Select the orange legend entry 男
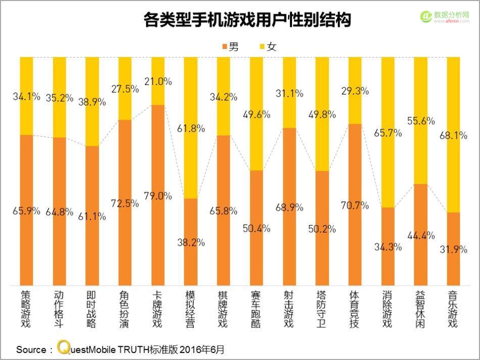(230, 47)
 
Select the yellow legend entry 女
(267, 47)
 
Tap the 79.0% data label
(158, 196)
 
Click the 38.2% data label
(191, 242)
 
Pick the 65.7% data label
(388, 133)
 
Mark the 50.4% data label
(257, 229)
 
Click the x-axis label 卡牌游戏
(158, 309)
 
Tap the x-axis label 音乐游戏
(454, 309)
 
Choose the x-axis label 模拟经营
(191, 309)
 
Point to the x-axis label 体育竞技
(355, 309)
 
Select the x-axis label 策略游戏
(26, 309)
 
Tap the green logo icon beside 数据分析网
(425, 17)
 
